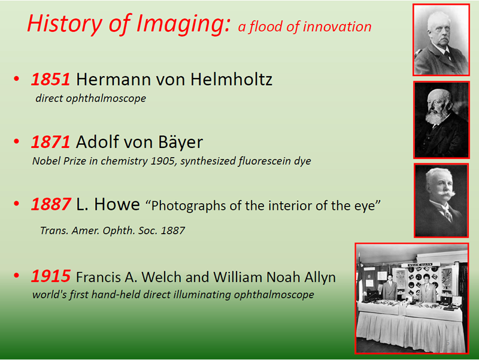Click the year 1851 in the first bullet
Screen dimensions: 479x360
click(51, 79)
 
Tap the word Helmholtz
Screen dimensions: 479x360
click(231, 80)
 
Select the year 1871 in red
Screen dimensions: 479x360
click(51, 142)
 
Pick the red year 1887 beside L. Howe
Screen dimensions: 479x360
click(51, 204)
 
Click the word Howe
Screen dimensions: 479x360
click(117, 204)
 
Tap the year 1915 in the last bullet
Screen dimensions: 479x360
click(51, 276)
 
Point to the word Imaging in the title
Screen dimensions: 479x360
click(183, 24)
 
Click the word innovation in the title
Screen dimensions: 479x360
click(337, 26)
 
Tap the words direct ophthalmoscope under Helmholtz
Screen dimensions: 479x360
click(91, 98)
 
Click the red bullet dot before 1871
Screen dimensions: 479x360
click(17, 141)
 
